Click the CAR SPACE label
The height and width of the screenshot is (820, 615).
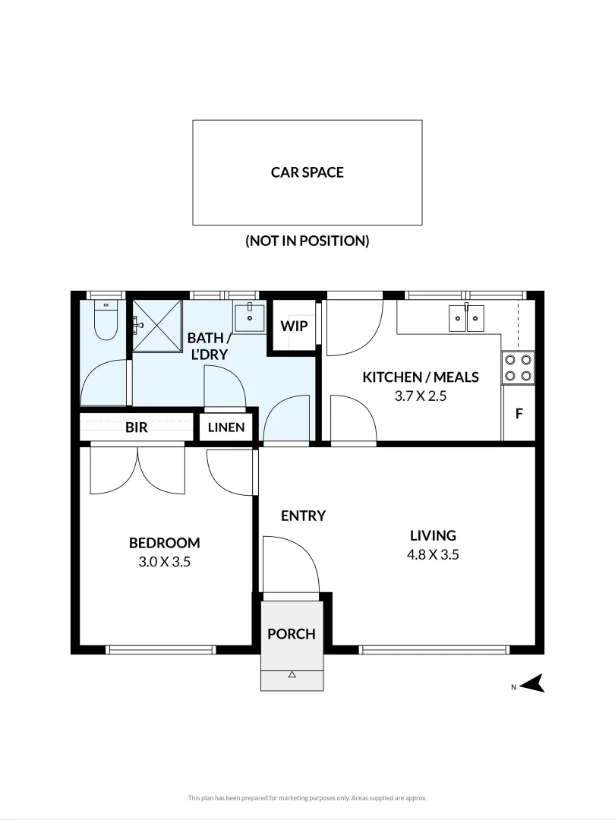(x=307, y=172)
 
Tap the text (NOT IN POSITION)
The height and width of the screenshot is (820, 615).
(x=307, y=241)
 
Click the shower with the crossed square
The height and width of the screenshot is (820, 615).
(x=157, y=326)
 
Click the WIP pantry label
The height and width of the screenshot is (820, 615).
(x=293, y=326)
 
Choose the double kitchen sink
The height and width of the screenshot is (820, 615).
(x=465, y=318)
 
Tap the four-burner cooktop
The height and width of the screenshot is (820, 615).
(x=518, y=367)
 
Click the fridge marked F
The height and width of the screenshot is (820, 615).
(x=519, y=414)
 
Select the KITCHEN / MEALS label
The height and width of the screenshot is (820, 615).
(x=421, y=377)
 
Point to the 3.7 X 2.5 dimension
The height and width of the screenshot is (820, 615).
(x=421, y=396)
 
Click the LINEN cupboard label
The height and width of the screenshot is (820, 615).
(x=227, y=427)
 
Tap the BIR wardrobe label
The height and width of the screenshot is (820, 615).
(x=137, y=427)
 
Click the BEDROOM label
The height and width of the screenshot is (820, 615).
(x=164, y=543)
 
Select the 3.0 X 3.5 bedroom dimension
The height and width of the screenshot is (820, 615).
(x=164, y=563)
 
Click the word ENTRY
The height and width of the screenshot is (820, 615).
(x=303, y=516)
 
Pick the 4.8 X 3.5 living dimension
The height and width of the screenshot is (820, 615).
(x=433, y=554)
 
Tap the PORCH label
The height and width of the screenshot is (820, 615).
(x=291, y=633)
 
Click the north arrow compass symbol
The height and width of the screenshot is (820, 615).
(x=536, y=684)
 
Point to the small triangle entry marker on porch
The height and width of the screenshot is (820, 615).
(x=292, y=674)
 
